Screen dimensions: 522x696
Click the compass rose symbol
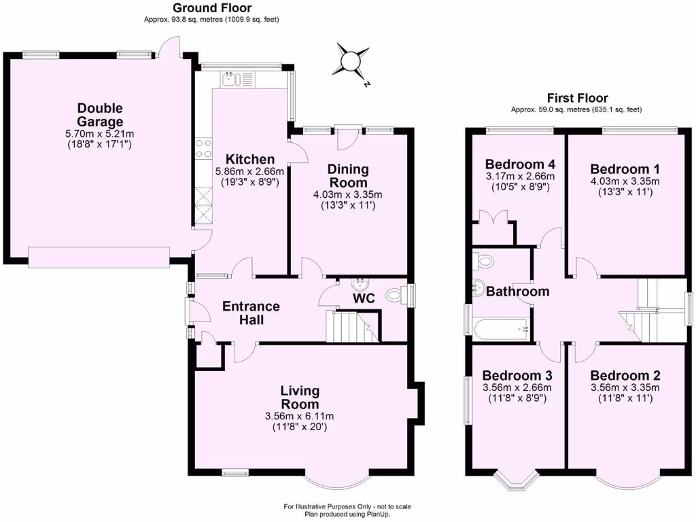click(x=352, y=61)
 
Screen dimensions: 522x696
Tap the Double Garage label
click(x=99, y=116)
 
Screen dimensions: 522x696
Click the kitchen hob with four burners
click(x=203, y=148)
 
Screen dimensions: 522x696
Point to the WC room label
click(x=364, y=298)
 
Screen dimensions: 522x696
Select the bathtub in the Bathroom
click(x=502, y=330)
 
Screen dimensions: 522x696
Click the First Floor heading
click(x=577, y=98)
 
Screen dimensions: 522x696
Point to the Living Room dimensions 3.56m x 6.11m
click(x=300, y=416)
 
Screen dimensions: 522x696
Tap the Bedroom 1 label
click(x=625, y=169)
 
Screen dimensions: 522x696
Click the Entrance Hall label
click(x=251, y=313)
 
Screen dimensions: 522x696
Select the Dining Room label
click(x=348, y=175)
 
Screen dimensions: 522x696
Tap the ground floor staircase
click(x=351, y=326)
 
